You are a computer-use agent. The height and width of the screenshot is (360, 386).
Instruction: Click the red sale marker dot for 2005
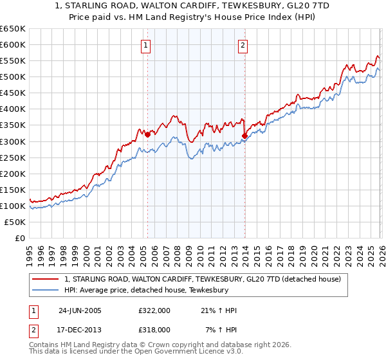click(147, 134)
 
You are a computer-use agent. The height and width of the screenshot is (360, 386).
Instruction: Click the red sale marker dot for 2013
click(244, 136)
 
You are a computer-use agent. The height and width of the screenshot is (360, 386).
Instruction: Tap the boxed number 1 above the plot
click(147, 45)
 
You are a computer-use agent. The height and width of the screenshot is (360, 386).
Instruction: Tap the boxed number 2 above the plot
click(244, 45)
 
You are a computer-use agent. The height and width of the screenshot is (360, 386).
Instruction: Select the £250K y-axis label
click(12, 157)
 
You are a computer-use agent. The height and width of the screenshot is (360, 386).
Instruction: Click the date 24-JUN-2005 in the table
click(79, 310)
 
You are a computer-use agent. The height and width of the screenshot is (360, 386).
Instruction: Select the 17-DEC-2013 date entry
click(79, 329)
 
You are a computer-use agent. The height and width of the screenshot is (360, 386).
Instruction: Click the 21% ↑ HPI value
click(219, 310)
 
